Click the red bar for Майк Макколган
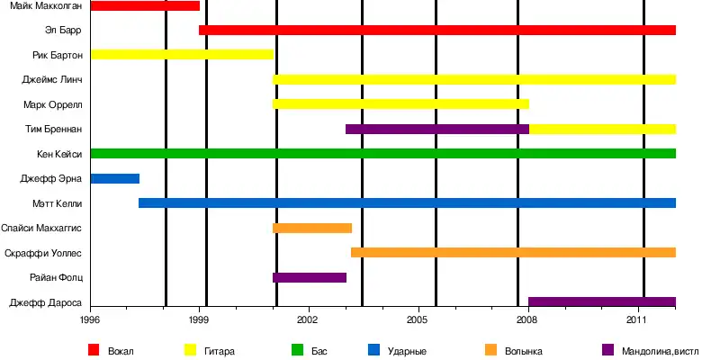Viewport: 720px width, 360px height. pyautogui.click(x=145, y=6)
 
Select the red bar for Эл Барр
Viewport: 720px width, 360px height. pyautogui.click(x=437, y=31)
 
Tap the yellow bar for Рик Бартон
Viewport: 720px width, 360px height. pyautogui.click(x=182, y=55)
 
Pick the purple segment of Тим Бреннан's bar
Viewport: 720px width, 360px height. pyautogui.click(x=437, y=129)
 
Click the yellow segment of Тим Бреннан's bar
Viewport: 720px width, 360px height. pyautogui.click(x=602, y=129)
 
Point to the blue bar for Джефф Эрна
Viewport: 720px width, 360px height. pyautogui.click(x=114, y=178)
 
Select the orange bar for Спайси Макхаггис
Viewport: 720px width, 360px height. pyautogui.click(x=312, y=228)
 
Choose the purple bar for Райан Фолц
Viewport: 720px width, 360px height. pyautogui.click(x=310, y=277)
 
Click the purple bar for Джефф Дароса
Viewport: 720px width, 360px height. pyautogui.click(x=602, y=301)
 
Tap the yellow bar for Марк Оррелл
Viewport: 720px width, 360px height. pyautogui.click(x=400, y=104)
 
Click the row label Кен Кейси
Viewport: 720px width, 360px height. pyautogui.click(x=59, y=154)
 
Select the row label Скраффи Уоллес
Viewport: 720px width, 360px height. pyautogui.click(x=43, y=253)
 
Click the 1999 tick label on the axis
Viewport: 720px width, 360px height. pyautogui.click(x=200, y=319)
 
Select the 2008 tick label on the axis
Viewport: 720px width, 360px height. pyautogui.click(x=528, y=319)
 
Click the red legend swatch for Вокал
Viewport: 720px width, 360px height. pyautogui.click(x=94, y=349)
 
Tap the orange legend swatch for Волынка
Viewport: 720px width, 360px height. pyautogui.click(x=490, y=349)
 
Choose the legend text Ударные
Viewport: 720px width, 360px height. pyautogui.click(x=407, y=350)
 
